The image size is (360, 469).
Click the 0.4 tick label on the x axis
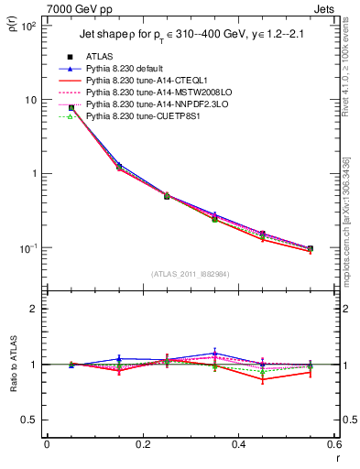[238, 444]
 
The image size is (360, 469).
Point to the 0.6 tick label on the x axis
[333, 444]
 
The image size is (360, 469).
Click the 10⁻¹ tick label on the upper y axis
[27, 248]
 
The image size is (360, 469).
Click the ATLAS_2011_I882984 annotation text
[191, 276]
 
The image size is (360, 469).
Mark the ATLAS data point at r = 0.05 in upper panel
[71, 108]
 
